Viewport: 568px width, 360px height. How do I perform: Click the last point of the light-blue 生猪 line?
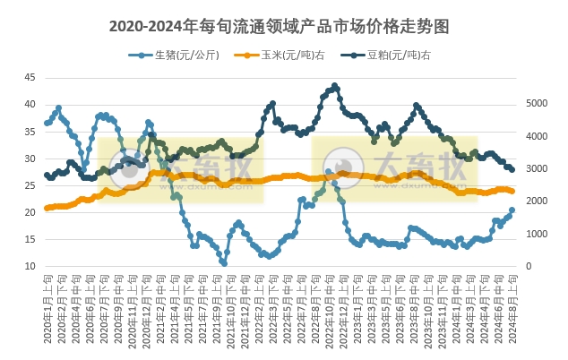pyautogui.click(x=512, y=210)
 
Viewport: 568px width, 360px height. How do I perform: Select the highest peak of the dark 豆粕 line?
pyautogui.click(x=335, y=86)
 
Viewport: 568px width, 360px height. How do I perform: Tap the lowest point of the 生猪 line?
pyautogui.click(x=224, y=263)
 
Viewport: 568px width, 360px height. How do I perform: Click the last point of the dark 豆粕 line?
pyautogui.click(x=512, y=169)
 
